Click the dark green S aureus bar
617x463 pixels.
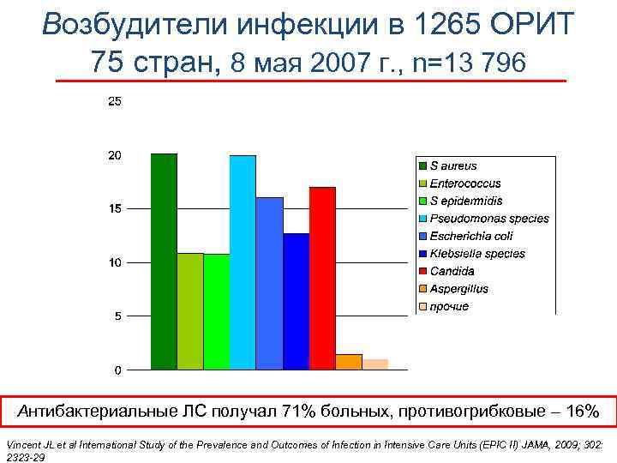tap(164, 262)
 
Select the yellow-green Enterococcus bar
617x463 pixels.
tap(190, 311)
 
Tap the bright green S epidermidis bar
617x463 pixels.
tap(217, 311)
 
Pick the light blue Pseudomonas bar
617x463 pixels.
tap(243, 262)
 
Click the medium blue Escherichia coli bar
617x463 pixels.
tap(269, 283)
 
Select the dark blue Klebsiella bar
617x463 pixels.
tap(296, 301)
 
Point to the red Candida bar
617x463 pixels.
tap(322, 278)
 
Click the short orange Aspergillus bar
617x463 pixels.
tap(349, 362)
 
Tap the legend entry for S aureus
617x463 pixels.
tap(452, 165)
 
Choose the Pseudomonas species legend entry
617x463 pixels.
tap(488, 219)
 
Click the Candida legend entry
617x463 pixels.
tap(452, 271)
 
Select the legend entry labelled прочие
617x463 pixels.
tap(449, 307)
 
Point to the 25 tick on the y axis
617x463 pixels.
tap(114, 101)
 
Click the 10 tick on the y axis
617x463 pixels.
tap(114, 262)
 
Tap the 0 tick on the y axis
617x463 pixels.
tap(117, 370)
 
